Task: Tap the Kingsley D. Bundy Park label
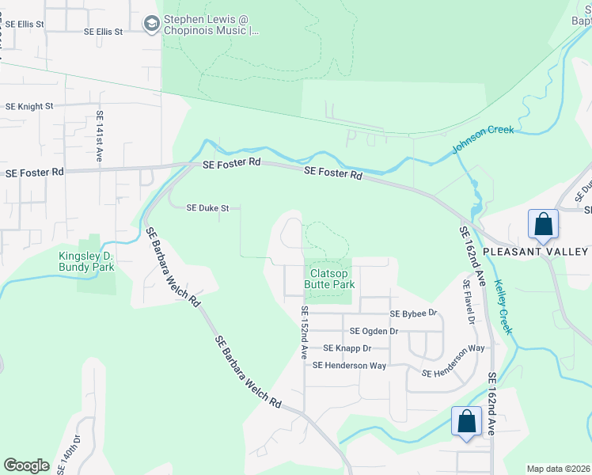click(87, 261)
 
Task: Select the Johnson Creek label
click(483, 140)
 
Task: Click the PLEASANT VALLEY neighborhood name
click(536, 251)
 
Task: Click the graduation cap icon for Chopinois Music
click(150, 25)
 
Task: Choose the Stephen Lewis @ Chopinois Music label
click(211, 25)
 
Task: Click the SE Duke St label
click(207, 208)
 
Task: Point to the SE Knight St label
click(29, 105)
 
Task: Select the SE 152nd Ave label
click(302, 333)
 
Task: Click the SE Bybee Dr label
click(412, 313)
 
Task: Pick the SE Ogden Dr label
click(374, 331)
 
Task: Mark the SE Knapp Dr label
click(347, 348)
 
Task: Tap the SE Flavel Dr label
click(469, 300)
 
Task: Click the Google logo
click(26, 465)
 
